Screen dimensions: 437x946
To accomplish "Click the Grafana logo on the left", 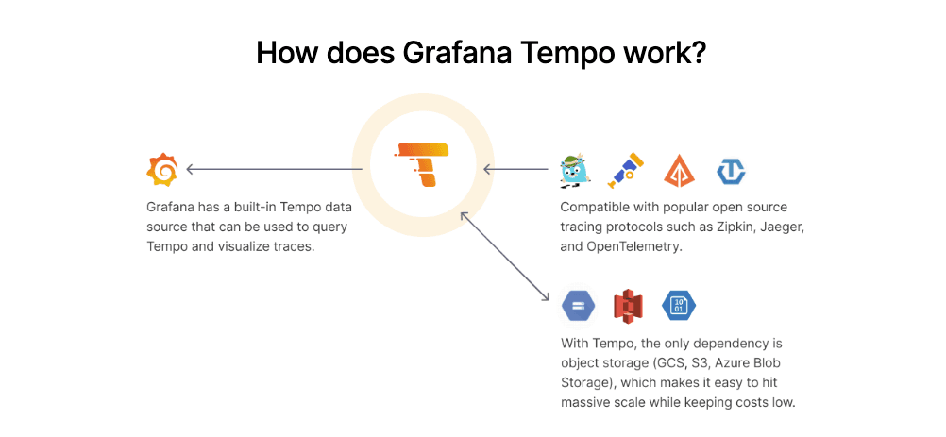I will click(x=162, y=170).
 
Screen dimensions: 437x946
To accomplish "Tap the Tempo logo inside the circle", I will click(x=423, y=166).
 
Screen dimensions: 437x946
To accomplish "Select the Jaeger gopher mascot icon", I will click(x=573, y=171).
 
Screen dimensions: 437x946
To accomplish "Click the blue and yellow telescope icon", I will click(x=625, y=169).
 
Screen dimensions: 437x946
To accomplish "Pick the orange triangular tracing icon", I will click(x=679, y=171).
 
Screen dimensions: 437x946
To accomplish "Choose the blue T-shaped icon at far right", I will click(x=731, y=171).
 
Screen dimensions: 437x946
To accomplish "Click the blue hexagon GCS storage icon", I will click(x=577, y=306).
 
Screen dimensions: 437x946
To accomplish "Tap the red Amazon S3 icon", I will click(x=627, y=306).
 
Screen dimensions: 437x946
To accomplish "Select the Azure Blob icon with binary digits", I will click(x=678, y=305).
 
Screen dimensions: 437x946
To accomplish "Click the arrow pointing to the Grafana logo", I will click(x=274, y=170).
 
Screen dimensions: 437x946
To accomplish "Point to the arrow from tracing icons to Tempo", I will click(x=515, y=170).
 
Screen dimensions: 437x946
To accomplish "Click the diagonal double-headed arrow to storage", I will click(x=504, y=256).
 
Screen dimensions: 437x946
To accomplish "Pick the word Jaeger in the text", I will click(x=781, y=227).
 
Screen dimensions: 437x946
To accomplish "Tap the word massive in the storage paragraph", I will click(x=587, y=403).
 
